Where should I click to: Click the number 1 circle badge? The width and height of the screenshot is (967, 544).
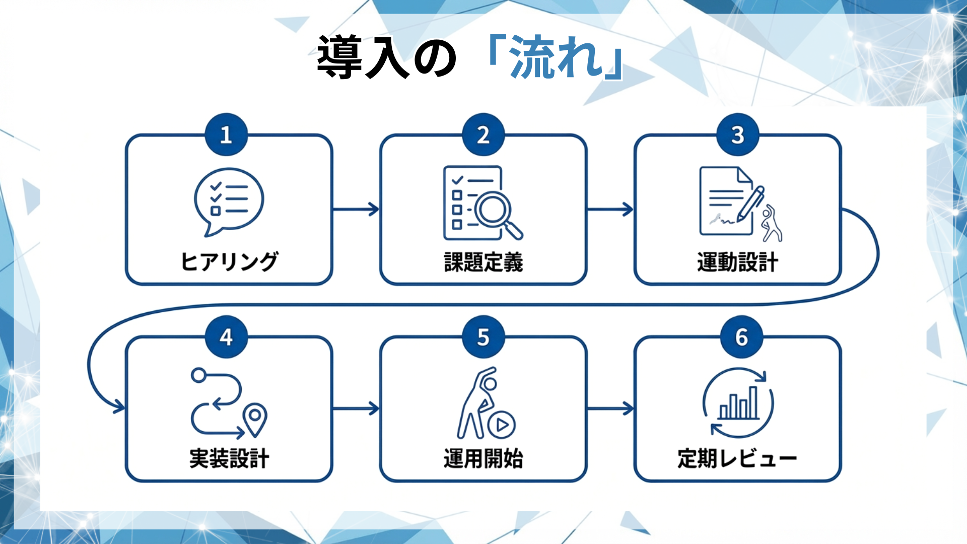pyautogui.click(x=226, y=134)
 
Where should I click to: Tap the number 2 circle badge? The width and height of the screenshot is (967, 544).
pyautogui.click(x=483, y=134)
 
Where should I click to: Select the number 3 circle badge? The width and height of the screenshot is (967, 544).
pyautogui.click(x=737, y=134)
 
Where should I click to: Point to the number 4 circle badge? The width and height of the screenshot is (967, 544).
pyautogui.click(x=226, y=337)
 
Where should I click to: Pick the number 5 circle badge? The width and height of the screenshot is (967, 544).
pyautogui.click(x=483, y=337)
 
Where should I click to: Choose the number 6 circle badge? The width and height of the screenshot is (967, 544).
pyautogui.click(x=741, y=337)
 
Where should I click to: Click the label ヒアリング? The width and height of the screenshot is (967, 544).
pyautogui.click(x=229, y=261)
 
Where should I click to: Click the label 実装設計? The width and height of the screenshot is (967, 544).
pyautogui.click(x=229, y=458)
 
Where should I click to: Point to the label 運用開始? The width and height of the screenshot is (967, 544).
pyautogui.click(x=483, y=458)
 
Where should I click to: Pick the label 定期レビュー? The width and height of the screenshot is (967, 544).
pyautogui.click(x=737, y=458)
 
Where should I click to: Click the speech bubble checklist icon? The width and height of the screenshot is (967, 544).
pyautogui.click(x=229, y=201)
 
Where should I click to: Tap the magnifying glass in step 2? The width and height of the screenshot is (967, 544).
pyautogui.click(x=496, y=212)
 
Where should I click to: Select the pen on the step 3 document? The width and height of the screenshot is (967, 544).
pyautogui.click(x=751, y=203)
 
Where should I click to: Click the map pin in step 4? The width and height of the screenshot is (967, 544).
pyautogui.click(x=255, y=419)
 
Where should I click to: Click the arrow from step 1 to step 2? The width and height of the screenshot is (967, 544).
pyautogui.click(x=356, y=209)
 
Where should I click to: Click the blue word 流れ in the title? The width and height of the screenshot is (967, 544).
pyautogui.click(x=556, y=57)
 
